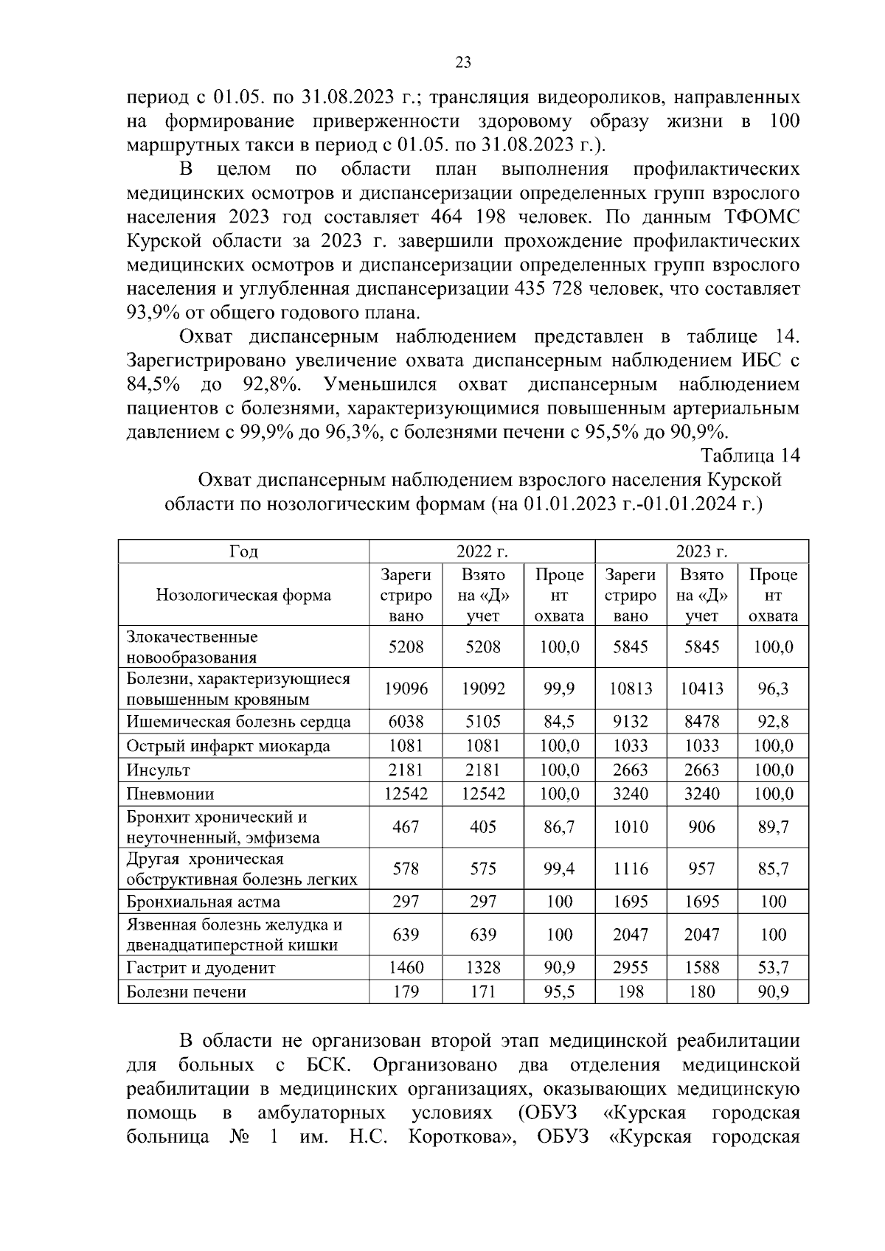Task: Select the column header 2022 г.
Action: tap(482, 551)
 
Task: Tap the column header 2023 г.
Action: tap(701, 551)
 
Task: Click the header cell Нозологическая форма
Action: tap(243, 595)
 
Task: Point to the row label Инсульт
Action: tap(159, 770)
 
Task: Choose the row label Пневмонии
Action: tap(170, 794)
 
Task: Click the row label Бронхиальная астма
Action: tap(203, 902)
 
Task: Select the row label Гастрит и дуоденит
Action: tap(201, 968)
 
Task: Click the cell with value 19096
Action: tap(406, 689)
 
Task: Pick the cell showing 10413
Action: tap(701, 689)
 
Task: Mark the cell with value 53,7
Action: tap(773, 968)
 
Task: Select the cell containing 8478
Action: tap(701, 722)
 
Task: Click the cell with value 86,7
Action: tap(559, 827)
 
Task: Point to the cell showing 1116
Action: tap(630, 869)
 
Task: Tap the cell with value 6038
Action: tap(406, 722)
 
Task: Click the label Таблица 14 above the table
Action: tap(750, 455)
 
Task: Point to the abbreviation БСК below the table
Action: tap(327, 1065)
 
